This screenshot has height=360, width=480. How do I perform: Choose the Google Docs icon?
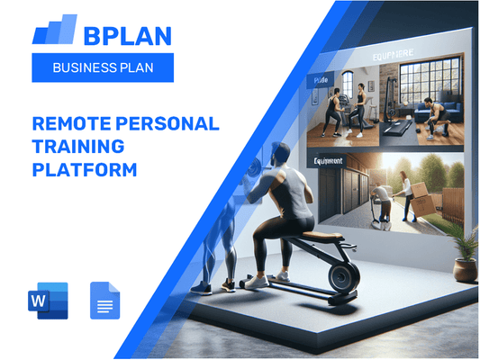[x=105, y=301]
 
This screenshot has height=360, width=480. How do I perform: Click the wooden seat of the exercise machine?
[x=317, y=238]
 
